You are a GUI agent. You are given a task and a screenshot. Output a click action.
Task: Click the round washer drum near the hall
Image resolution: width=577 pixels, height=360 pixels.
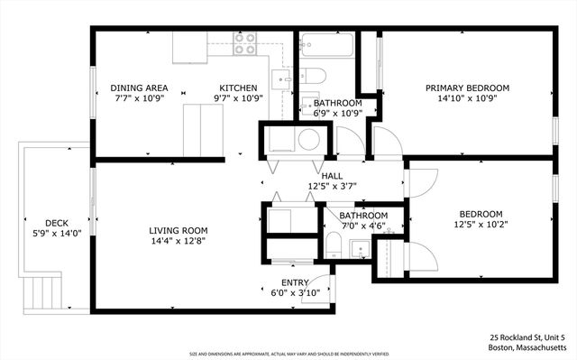pyautogui.click(x=308, y=140)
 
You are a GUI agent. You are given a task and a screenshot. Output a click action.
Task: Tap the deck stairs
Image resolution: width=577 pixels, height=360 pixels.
pyautogui.click(x=43, y=290)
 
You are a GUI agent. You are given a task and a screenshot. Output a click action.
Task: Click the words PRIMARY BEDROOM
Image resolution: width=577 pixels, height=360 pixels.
pyautogui.click(x=467, y=88)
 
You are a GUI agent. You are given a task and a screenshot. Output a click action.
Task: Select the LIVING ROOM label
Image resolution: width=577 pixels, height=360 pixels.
pyautogui.click(x=179, y=230)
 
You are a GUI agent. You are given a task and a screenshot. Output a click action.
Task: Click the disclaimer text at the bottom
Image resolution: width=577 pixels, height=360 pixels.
pyautogui.click(x=288, y=354)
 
